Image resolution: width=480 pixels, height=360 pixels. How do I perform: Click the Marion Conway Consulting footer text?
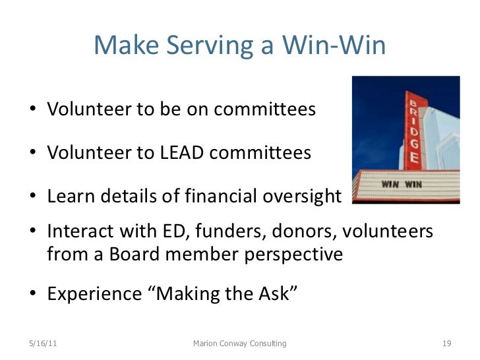coord(239,344)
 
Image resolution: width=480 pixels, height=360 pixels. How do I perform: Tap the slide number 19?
coord(445,344)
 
